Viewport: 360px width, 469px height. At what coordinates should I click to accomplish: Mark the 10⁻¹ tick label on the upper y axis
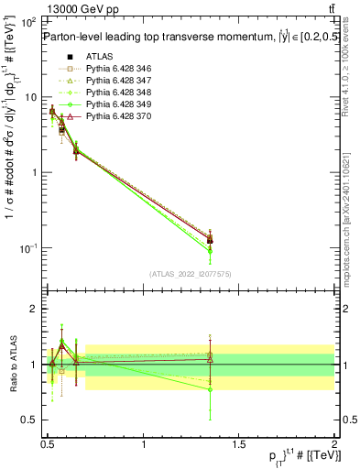[27, 248]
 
